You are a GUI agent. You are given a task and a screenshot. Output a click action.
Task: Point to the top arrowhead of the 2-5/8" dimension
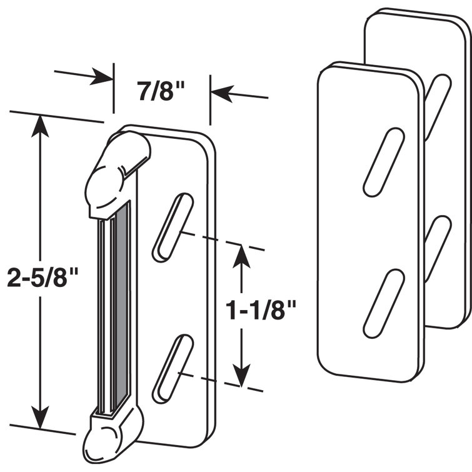(41, 124)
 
